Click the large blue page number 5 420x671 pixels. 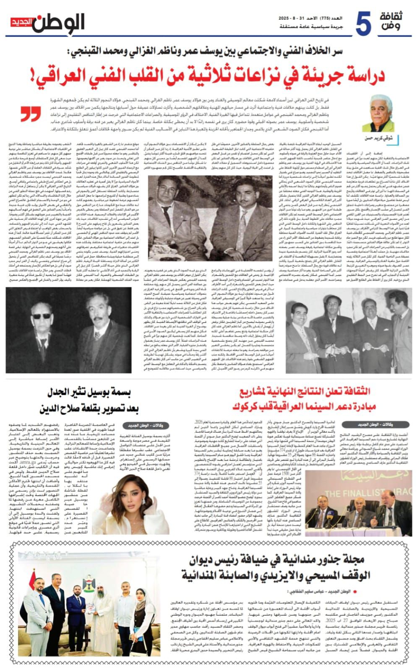363,24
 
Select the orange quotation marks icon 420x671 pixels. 31,114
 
